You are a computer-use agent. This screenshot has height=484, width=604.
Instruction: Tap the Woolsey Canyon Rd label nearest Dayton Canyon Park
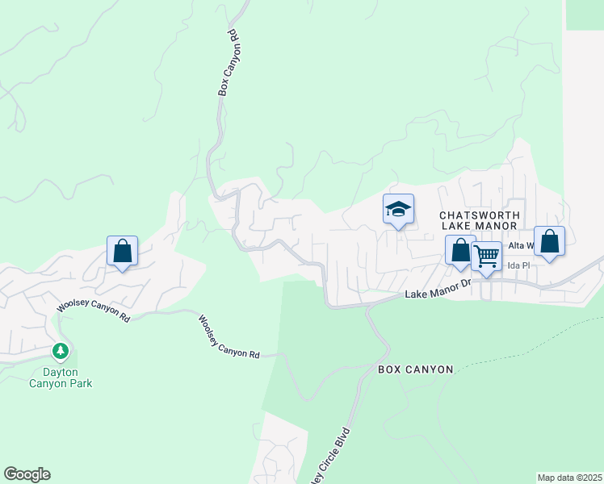[93, 309]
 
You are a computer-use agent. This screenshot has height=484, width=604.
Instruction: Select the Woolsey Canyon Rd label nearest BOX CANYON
[229, 336]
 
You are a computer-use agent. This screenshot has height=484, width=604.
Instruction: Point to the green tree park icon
[61, 351]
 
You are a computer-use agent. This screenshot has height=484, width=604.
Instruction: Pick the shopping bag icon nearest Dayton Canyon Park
[122, 251]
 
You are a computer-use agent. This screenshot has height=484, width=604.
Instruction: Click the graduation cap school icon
[398, 210]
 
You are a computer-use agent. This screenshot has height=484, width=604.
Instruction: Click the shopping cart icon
[486, 257]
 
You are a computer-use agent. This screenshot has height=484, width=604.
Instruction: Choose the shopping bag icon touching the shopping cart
[460, 251]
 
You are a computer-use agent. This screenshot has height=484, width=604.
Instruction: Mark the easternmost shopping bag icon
[549, 241]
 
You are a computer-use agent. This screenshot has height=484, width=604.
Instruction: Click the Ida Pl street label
[518, 265]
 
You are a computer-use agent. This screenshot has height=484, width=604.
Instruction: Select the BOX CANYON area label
[416, 369]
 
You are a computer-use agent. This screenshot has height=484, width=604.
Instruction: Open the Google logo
[27, 474]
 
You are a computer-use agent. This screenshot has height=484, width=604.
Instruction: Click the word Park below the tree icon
[79, 383]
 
